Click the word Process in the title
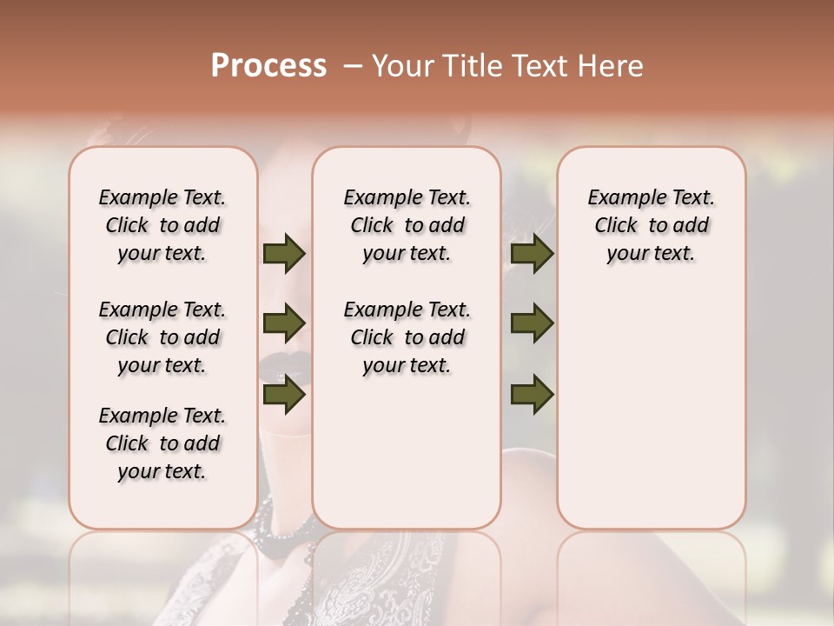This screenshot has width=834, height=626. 268,66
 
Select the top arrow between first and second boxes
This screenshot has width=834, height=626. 283,253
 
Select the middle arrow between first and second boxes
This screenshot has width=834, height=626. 283,323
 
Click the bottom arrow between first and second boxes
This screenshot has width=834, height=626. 283,395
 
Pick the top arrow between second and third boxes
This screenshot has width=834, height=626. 532,253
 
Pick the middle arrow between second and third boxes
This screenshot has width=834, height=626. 532,323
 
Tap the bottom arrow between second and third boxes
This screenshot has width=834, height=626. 532,395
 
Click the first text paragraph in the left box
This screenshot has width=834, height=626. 162,225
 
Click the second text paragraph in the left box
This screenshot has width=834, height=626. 162,337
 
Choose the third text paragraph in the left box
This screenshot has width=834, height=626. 162,443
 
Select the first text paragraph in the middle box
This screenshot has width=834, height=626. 407,225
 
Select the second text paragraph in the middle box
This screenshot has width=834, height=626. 407,337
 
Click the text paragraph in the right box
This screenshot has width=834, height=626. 651,225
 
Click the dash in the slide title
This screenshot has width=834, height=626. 354,66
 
